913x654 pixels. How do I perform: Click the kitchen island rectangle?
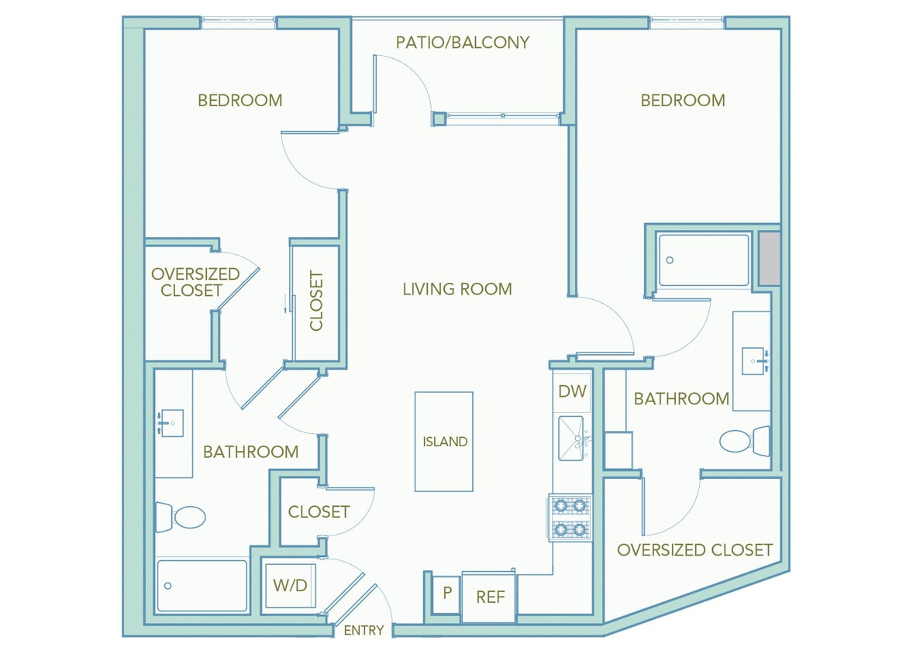[443, 442]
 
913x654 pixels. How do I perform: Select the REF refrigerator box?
[490, 597]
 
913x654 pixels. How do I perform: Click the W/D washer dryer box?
[290, 586]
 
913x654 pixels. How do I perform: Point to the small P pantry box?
[446, 594]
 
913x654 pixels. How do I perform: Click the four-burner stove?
[570, 518]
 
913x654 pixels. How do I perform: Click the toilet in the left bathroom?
[182, 517]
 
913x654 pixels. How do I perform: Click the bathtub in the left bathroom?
[202, 586]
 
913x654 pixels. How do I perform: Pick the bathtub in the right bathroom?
[704, 260]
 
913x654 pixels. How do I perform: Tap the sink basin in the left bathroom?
[171, 423]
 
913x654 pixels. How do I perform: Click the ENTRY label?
[363, 630]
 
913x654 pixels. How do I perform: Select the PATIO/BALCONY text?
[462, 42]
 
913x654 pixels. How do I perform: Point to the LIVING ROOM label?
[457, 289]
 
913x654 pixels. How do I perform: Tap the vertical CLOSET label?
[316, 301]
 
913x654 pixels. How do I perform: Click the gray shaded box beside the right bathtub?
[769, 258]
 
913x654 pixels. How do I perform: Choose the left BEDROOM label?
[239, 100]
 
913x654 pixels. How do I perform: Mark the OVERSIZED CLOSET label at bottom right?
[694, 549]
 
